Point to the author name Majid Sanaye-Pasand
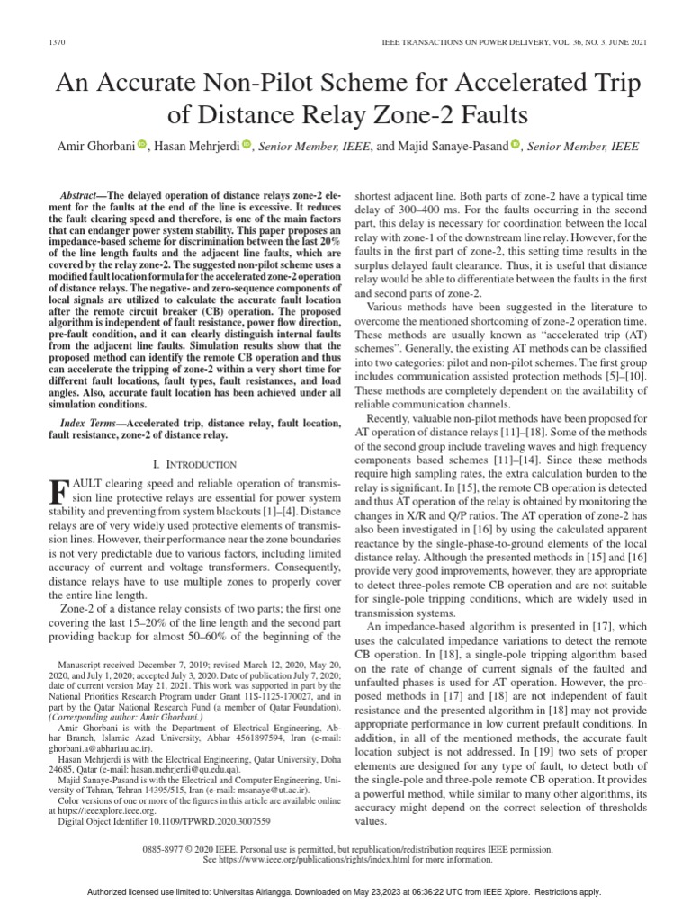(x=448, y=147)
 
